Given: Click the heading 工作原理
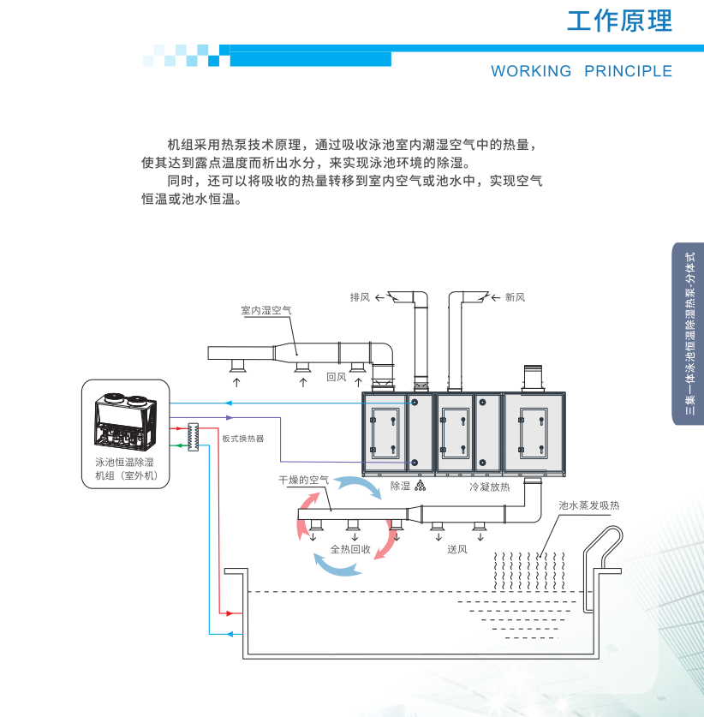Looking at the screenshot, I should click(619, 21).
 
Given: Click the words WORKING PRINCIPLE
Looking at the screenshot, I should click(582, 71).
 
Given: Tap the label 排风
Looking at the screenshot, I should click(360, 297).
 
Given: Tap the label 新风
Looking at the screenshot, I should click(515, 297).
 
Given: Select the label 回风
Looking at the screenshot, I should click(336, 376).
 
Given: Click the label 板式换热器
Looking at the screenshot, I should click(242, 439).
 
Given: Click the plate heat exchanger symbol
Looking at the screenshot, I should click(194, 434).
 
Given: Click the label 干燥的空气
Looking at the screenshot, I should click(303, 481).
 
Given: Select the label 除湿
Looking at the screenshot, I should click(400, 486).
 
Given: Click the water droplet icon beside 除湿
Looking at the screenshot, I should click(421, 486).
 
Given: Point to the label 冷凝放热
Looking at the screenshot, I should click(489, 487).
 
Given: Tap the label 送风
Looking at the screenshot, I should click(456, 549).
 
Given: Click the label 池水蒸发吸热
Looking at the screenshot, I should click(588, 506).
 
